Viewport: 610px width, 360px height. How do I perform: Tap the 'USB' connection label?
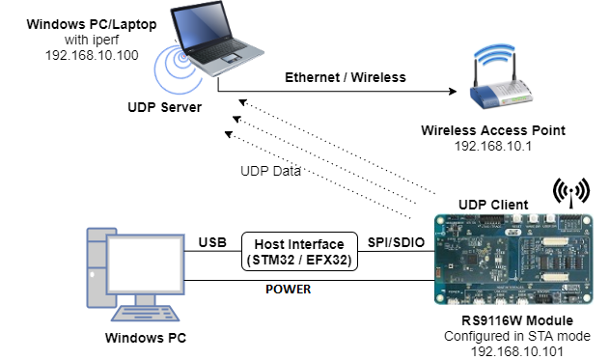(213, 241)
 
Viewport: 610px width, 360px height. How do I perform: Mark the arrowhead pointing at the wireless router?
(451, 93)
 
